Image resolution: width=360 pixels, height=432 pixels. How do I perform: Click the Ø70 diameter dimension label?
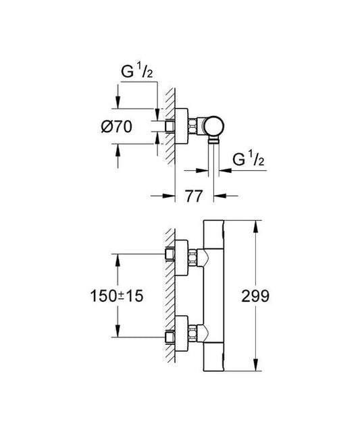117,127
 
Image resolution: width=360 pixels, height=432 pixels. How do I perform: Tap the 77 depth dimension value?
193,196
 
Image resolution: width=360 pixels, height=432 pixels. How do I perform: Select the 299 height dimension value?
255,296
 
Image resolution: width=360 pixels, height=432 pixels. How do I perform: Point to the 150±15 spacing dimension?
117,296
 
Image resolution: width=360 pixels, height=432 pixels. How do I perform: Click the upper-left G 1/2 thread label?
136,71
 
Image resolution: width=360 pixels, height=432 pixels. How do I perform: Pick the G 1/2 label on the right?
249,159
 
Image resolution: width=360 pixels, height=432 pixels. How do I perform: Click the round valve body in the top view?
214,127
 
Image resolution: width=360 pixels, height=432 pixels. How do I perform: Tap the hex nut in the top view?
193,127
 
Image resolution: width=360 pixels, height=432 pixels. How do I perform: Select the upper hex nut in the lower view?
193,258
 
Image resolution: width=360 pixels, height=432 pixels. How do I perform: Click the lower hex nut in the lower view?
193,333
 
